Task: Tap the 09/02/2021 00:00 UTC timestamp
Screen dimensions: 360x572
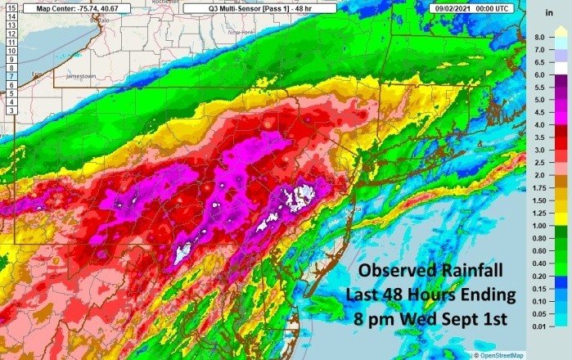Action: click(x=471, y=7)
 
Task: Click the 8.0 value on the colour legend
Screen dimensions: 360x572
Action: click(x=538, y=38)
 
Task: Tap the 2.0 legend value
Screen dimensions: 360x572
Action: click(x=538, y=175)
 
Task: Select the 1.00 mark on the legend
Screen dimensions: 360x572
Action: click(x=540, y=225)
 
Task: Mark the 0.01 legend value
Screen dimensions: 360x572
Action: click(x=540, y=326)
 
